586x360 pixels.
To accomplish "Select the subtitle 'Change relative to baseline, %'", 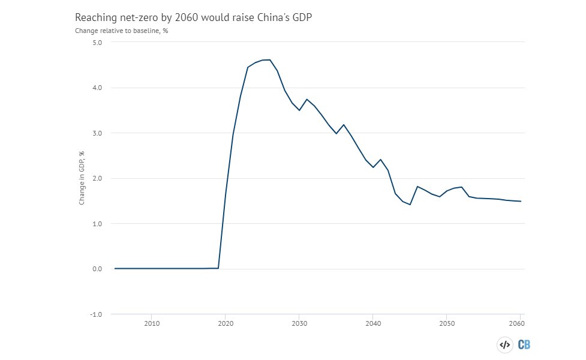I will coord(121,31).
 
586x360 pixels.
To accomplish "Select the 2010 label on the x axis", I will coord(152,323).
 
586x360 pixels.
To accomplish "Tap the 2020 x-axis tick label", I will coord(226,323).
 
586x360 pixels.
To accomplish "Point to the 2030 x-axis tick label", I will coord(299,323).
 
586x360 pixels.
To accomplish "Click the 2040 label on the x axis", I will coord(373,323).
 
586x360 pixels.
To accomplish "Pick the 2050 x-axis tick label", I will coord(447,323).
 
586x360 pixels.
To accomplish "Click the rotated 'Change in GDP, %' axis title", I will coord(82,178).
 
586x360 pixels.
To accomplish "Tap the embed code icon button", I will coord(504,344).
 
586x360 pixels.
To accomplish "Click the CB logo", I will coord(524,344).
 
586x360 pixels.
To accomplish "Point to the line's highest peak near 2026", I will coord(270,60).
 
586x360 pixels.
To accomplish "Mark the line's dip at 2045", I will coord(410,205).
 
